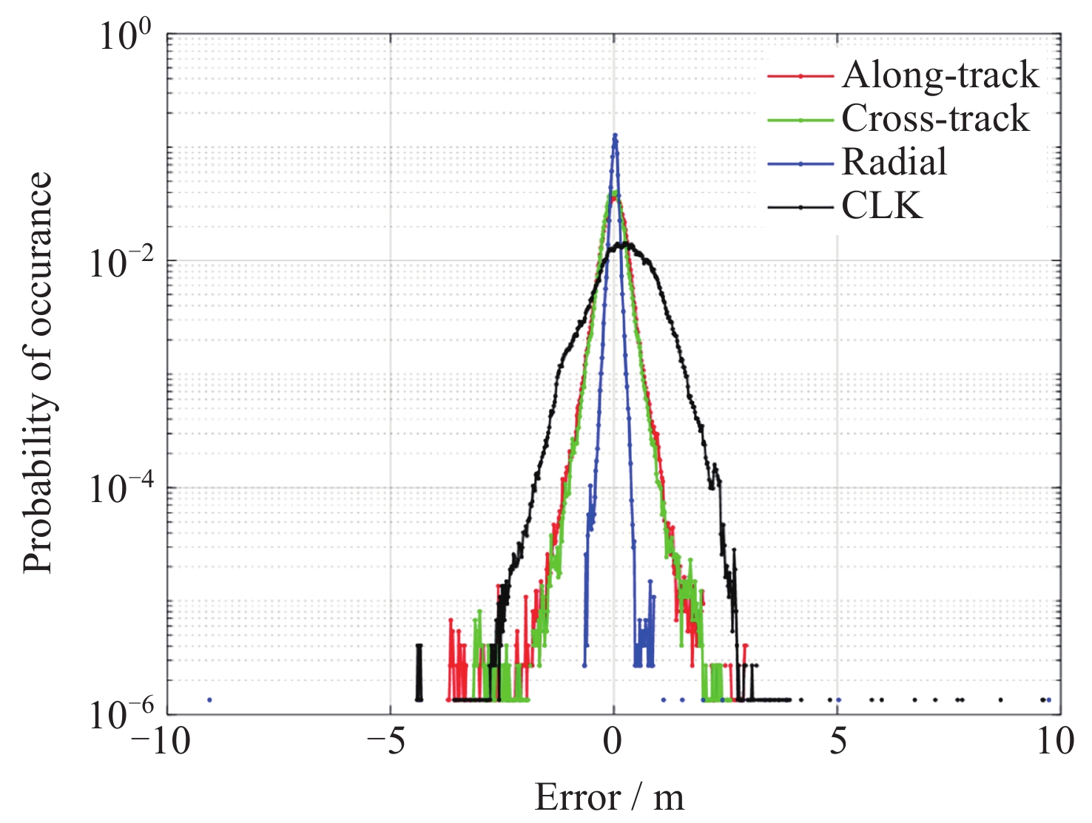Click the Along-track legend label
(x=940, y=75)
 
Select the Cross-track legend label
(x=935, y=118)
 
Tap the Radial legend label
(x=894, y=162)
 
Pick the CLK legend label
(x=882, y=206)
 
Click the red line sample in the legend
(x=801, y=75)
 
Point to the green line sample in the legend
(x=801, y=119)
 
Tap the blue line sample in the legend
(x=801, y=163)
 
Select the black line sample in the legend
(x=801, y=206)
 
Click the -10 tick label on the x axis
(x=161, y=740)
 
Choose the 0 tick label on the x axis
(x=613, y=740)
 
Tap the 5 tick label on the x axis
(x=837, y=740)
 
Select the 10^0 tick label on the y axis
(x=125, y=35)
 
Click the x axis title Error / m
(x=609, y=798)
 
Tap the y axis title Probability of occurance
(x=37, y=373)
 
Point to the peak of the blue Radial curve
(x=614, y=135)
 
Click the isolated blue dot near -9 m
(x=209, y=700)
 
